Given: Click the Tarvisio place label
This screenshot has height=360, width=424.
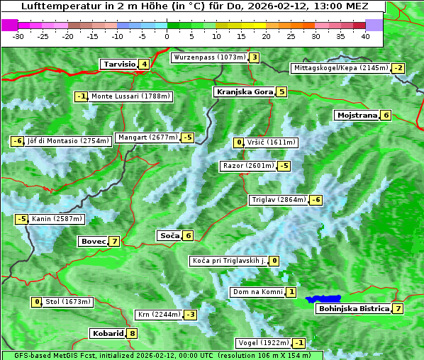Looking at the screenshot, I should click(118, 64).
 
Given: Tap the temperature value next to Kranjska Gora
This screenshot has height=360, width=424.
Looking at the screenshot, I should click(281, 91).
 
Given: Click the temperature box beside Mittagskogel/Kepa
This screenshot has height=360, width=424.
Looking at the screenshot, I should click(399, 68).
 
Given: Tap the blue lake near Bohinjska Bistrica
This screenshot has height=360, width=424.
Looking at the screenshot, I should click(323, 300).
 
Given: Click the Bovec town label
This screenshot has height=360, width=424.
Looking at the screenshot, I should click(93, 241).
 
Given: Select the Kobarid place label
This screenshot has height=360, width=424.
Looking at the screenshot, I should click(107, 333).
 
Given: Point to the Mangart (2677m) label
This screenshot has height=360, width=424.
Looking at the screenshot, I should click(147, 137).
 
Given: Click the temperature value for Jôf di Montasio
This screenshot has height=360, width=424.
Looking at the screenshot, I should click(17, 141).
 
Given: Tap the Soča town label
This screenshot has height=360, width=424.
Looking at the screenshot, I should click(169, 235).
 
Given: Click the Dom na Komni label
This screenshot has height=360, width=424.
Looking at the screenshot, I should click(257, 292).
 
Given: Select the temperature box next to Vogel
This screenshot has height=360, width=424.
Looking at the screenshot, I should click(299, 343).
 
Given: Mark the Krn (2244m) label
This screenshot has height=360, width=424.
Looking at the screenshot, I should click(157, 315).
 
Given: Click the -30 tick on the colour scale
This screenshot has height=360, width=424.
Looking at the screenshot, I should click(18, 35).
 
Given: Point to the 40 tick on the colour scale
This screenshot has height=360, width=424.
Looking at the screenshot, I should click(365, 35).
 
